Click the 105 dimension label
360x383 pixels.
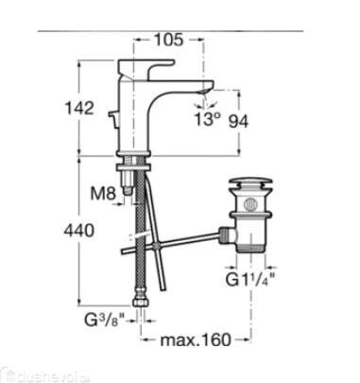[x=168, y=40]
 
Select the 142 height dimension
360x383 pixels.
[x=79, y=108]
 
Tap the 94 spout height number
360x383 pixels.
[x=238, y=121]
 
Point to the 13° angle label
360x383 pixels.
[x=207, y=119]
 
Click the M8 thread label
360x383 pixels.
[x=103, y=194]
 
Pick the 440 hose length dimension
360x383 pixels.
[x=79, y=231]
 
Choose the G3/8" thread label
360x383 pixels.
[x=105, y=321]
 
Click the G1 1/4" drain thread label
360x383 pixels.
[x=250, y=279]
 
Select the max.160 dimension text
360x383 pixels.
[x=196, y=339]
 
